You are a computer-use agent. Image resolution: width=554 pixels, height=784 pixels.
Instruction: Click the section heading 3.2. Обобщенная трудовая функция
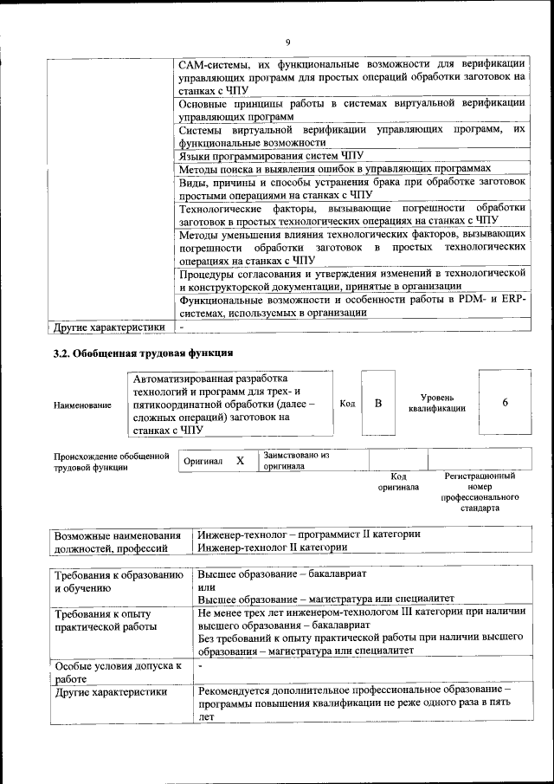coord(143,353)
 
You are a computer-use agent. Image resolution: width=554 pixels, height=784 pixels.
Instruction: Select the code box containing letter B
coord(377,404)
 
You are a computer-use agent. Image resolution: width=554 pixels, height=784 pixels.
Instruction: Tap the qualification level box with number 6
coord(505,403)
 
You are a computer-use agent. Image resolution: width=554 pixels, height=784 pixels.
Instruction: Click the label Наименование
coord(82,405)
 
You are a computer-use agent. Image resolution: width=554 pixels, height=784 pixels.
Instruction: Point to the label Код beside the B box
coord(346,404)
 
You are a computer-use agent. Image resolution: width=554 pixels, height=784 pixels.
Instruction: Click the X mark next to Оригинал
coord(241,461)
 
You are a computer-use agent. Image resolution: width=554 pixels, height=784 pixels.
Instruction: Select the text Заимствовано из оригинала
coord(296,459)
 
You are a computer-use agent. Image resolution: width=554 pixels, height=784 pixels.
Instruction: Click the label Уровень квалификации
coord(437,403)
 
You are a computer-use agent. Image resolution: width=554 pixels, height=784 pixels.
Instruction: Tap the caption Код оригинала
coord(398,482)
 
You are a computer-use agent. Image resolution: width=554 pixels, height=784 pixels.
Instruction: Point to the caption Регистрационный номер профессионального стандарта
coord(480,492)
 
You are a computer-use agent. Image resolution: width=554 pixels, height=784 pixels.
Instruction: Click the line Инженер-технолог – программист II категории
coord(309,535)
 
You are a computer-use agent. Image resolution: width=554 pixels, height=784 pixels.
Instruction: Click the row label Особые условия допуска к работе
coord(117,672)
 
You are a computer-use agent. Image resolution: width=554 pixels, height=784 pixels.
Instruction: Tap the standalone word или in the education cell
coord(205,587)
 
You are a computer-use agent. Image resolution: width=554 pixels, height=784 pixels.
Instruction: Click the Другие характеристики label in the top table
coord(108,328)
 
